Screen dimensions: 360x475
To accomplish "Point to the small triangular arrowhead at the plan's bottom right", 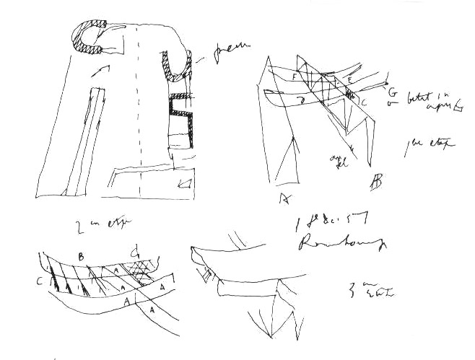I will pos(187,184).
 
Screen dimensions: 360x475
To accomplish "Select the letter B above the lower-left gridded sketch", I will pos(81,255).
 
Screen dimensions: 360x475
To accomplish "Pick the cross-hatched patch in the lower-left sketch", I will pos(141,273).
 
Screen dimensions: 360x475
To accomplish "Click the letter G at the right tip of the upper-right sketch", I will pos(391,93).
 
